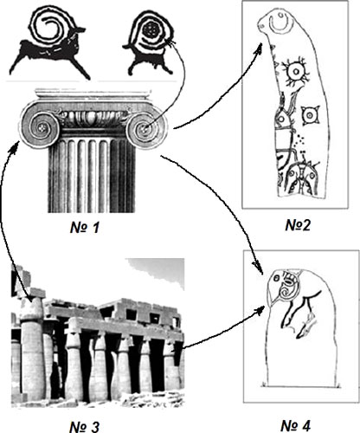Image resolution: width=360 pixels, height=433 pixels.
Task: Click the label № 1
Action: (85, 228)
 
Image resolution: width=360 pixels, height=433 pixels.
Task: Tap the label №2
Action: (298, 225)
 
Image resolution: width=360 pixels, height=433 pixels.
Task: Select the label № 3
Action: (85, 426)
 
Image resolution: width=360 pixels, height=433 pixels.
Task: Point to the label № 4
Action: (296, 426)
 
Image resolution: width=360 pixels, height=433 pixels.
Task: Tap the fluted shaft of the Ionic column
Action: (92, 175)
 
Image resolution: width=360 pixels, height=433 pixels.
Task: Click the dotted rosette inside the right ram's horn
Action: (151, 29)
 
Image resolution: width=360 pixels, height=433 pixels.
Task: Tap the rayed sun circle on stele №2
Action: (297, 71)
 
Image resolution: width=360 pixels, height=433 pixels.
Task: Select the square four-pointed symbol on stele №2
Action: (311, 115)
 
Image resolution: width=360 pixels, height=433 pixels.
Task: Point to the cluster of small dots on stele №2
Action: (300, 141)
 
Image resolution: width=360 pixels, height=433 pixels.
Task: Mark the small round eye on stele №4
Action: (276, 278)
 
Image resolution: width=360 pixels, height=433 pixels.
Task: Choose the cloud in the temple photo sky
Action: (157, 271)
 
